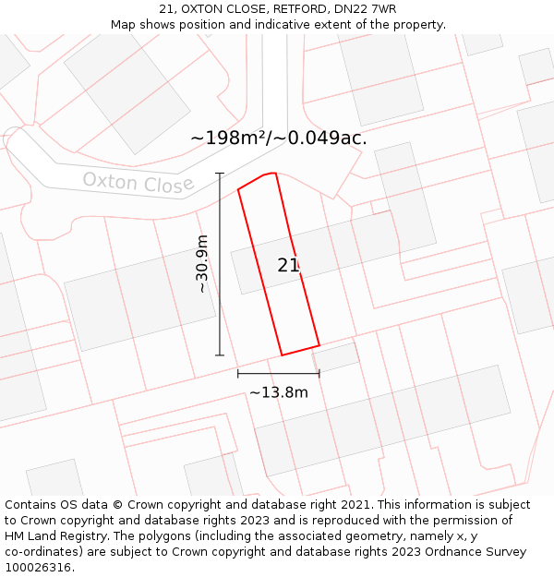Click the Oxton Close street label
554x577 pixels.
pyautogui.click(x=138, y=182)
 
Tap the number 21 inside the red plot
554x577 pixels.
pyautogui.click(x=288, y=265)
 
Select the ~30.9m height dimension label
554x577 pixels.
pyautogui.click(x=202, y=264)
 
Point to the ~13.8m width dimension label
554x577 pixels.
pyautogui.click(x=278, y=392)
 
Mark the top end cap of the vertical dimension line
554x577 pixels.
pyautogui.click(x=220, y=174)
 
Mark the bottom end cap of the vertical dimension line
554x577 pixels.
pyautogui.click(x=220, y=355)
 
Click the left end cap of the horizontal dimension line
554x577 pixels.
pyautogui.click(x=238, y=373)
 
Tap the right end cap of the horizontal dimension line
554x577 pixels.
pyautogui.click(x=319, y=373)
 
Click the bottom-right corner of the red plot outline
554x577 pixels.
pyautogui.click(x=319, y=346)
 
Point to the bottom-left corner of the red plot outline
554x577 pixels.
pyautogui.click(x=282, y=355)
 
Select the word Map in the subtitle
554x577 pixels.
pyautogui.click(x=124, y=24)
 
